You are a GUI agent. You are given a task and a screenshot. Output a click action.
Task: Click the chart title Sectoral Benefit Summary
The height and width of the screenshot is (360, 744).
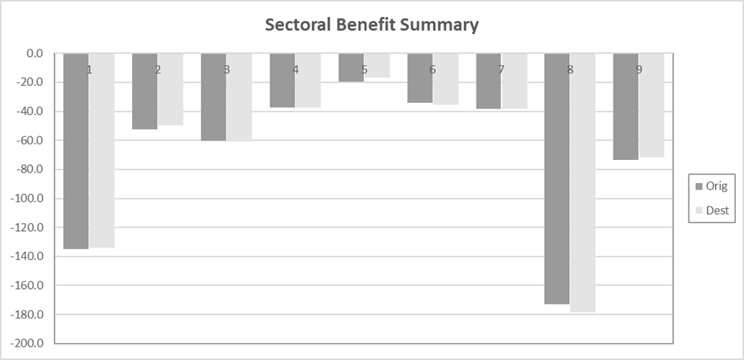click(x=372, y=24)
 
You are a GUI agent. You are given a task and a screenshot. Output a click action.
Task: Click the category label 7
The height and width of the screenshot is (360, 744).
click(x=501, y=70)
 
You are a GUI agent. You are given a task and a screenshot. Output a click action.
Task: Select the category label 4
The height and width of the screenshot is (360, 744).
click(x=296, y=70)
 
